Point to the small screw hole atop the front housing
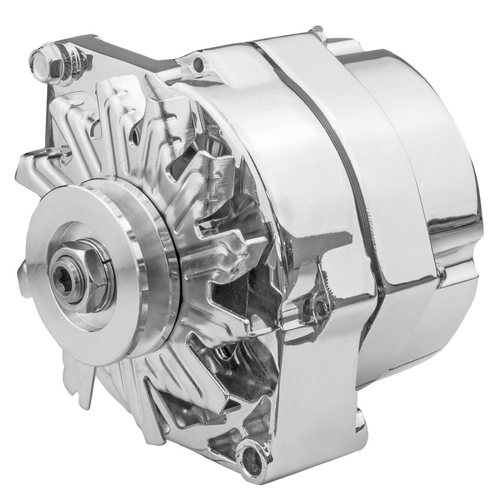point(197,62)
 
